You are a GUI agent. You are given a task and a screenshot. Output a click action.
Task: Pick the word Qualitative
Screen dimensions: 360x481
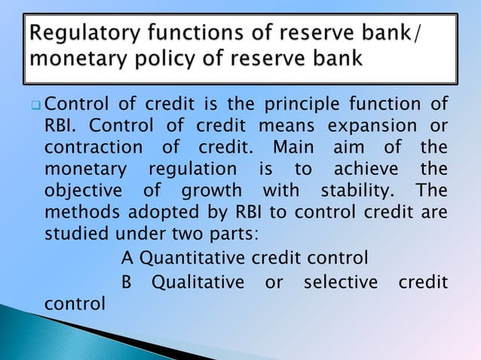click(198, 282)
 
